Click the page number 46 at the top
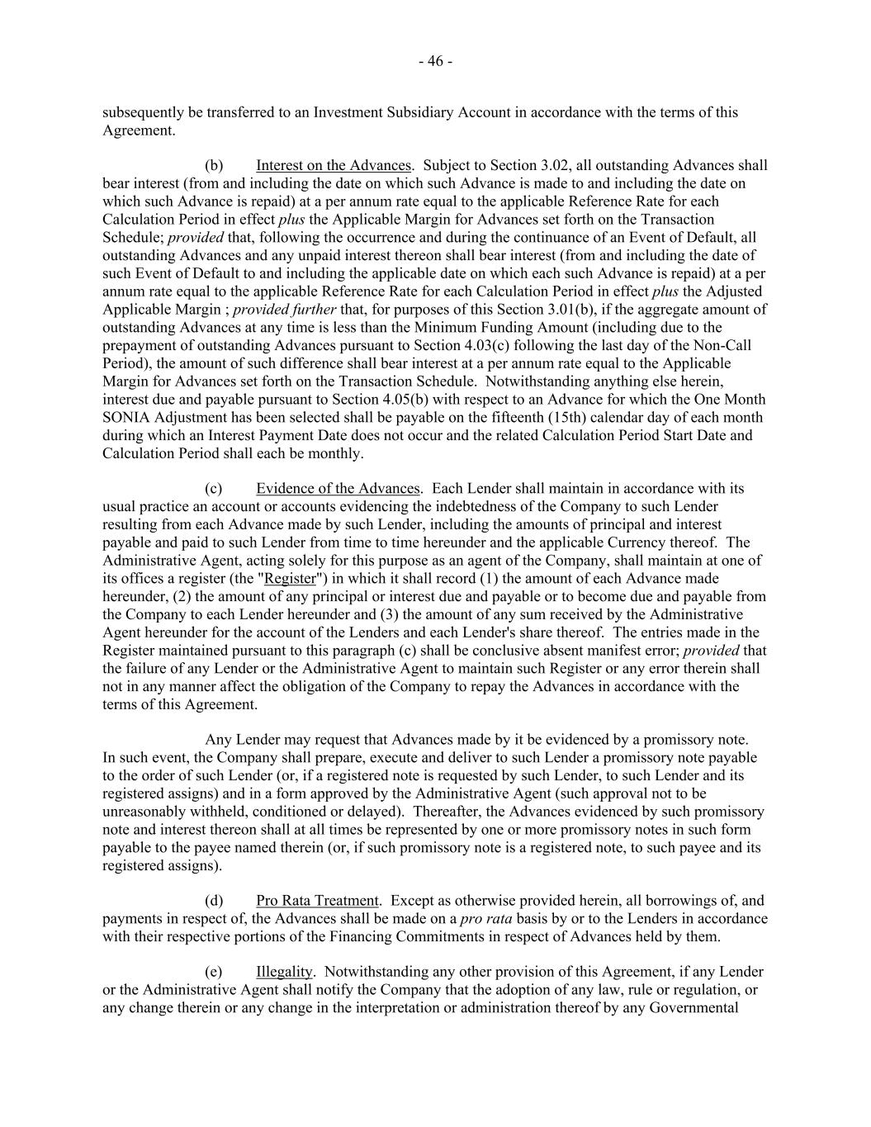pyautogui.click(x=435, y=61)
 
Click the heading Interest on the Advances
pyautogui.click(x=333, y=165)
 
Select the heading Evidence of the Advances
pyautogui.click(x=338, y=488)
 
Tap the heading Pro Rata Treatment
pyautogui.click(x=317, y=900)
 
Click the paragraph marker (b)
pyautogui.click(x=214, y=165)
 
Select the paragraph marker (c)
pyautogui.click(x=214, y=488)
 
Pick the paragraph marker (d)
pyautogui.click(x=214, y=900)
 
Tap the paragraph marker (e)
pyautogui.click(x=214, y=971)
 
